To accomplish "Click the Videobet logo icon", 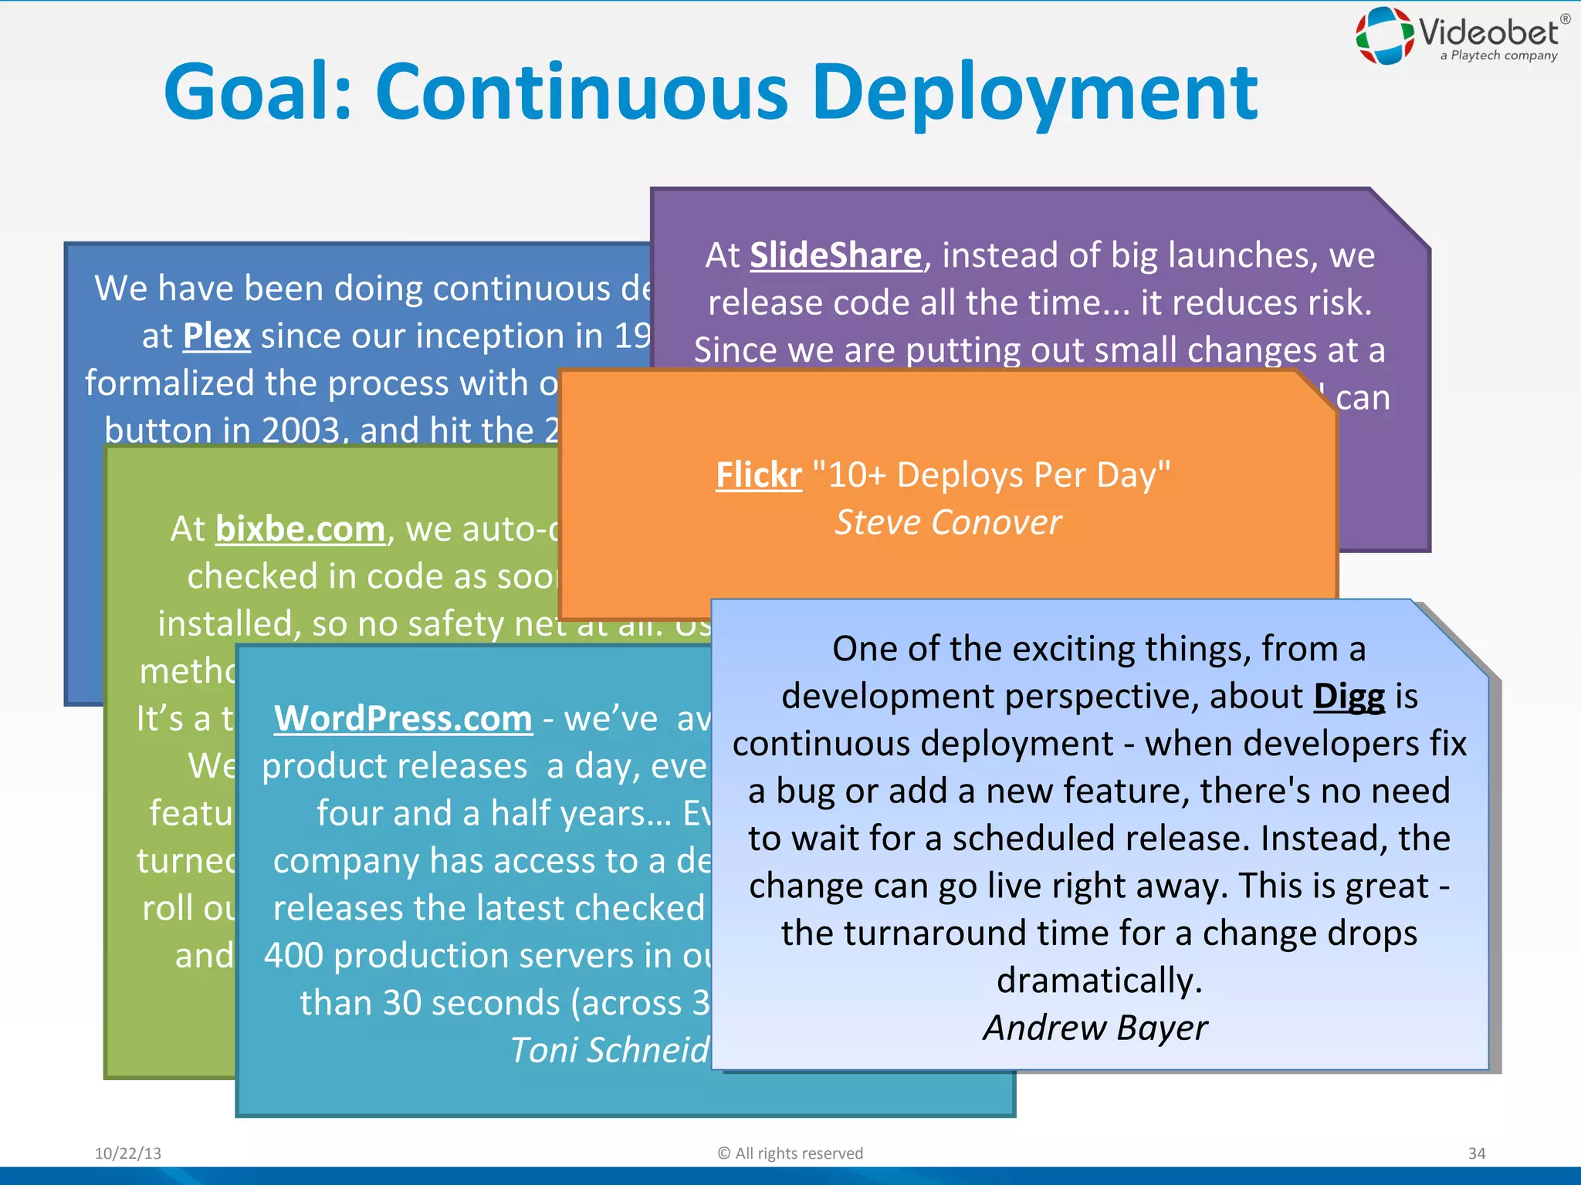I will coord(1385,35).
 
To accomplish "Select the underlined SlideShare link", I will coord(835,255).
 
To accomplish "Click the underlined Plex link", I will coord(217,336).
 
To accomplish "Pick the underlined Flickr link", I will coord(759,474).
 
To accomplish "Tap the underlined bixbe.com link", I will coord(300,529).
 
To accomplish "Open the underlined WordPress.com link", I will coord(403,718).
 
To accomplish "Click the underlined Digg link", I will coord(1349,696).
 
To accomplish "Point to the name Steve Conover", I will coord(948,522).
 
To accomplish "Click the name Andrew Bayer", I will coord(1095,1028).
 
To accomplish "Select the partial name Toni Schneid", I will coord(610,1050).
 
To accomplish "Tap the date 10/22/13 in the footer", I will coord(128,1153).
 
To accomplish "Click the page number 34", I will coord(1476,1153).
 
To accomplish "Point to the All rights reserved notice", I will coord(790,1153).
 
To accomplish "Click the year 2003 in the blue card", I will coord(301,430).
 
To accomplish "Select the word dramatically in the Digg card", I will coord(1099,981).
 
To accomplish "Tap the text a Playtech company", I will coord(1498,56).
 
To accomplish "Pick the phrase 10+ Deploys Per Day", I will coord(999,474).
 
